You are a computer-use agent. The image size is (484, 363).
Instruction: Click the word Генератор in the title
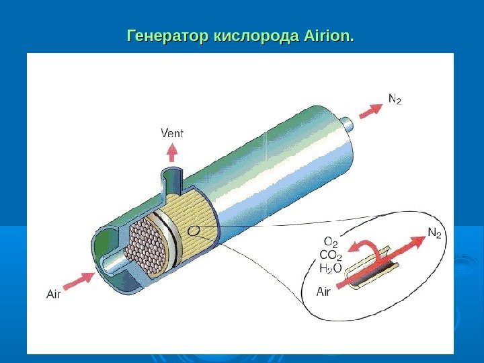167,34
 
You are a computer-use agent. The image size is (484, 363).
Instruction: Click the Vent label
172,132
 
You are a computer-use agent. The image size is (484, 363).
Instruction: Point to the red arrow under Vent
172,152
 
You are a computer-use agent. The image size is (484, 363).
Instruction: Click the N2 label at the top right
395,99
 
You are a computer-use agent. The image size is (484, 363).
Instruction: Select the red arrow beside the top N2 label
370,110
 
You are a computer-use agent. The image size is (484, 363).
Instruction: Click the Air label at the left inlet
53,293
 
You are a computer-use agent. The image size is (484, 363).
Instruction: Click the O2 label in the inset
331,241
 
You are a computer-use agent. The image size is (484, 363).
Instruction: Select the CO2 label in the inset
331,255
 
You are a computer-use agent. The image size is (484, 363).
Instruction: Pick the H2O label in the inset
331,269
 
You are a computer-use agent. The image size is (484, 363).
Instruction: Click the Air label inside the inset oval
324,292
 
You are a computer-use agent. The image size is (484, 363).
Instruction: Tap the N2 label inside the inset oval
435,234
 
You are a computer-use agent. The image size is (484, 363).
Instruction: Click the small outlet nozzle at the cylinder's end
348,124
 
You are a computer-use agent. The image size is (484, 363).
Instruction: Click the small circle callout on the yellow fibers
194,231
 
